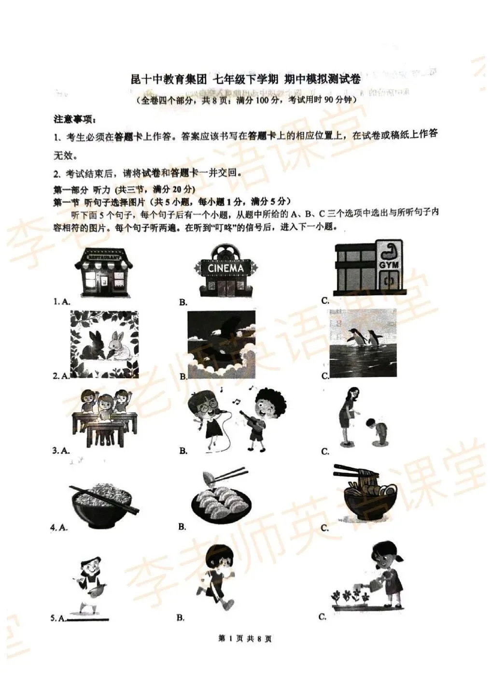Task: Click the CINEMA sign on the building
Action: tap(226, 267)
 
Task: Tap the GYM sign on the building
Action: tap(388, 265)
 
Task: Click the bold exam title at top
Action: tap(246, 79)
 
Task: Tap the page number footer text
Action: tap(245, 639)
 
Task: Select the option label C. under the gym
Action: tap(325, 301)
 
